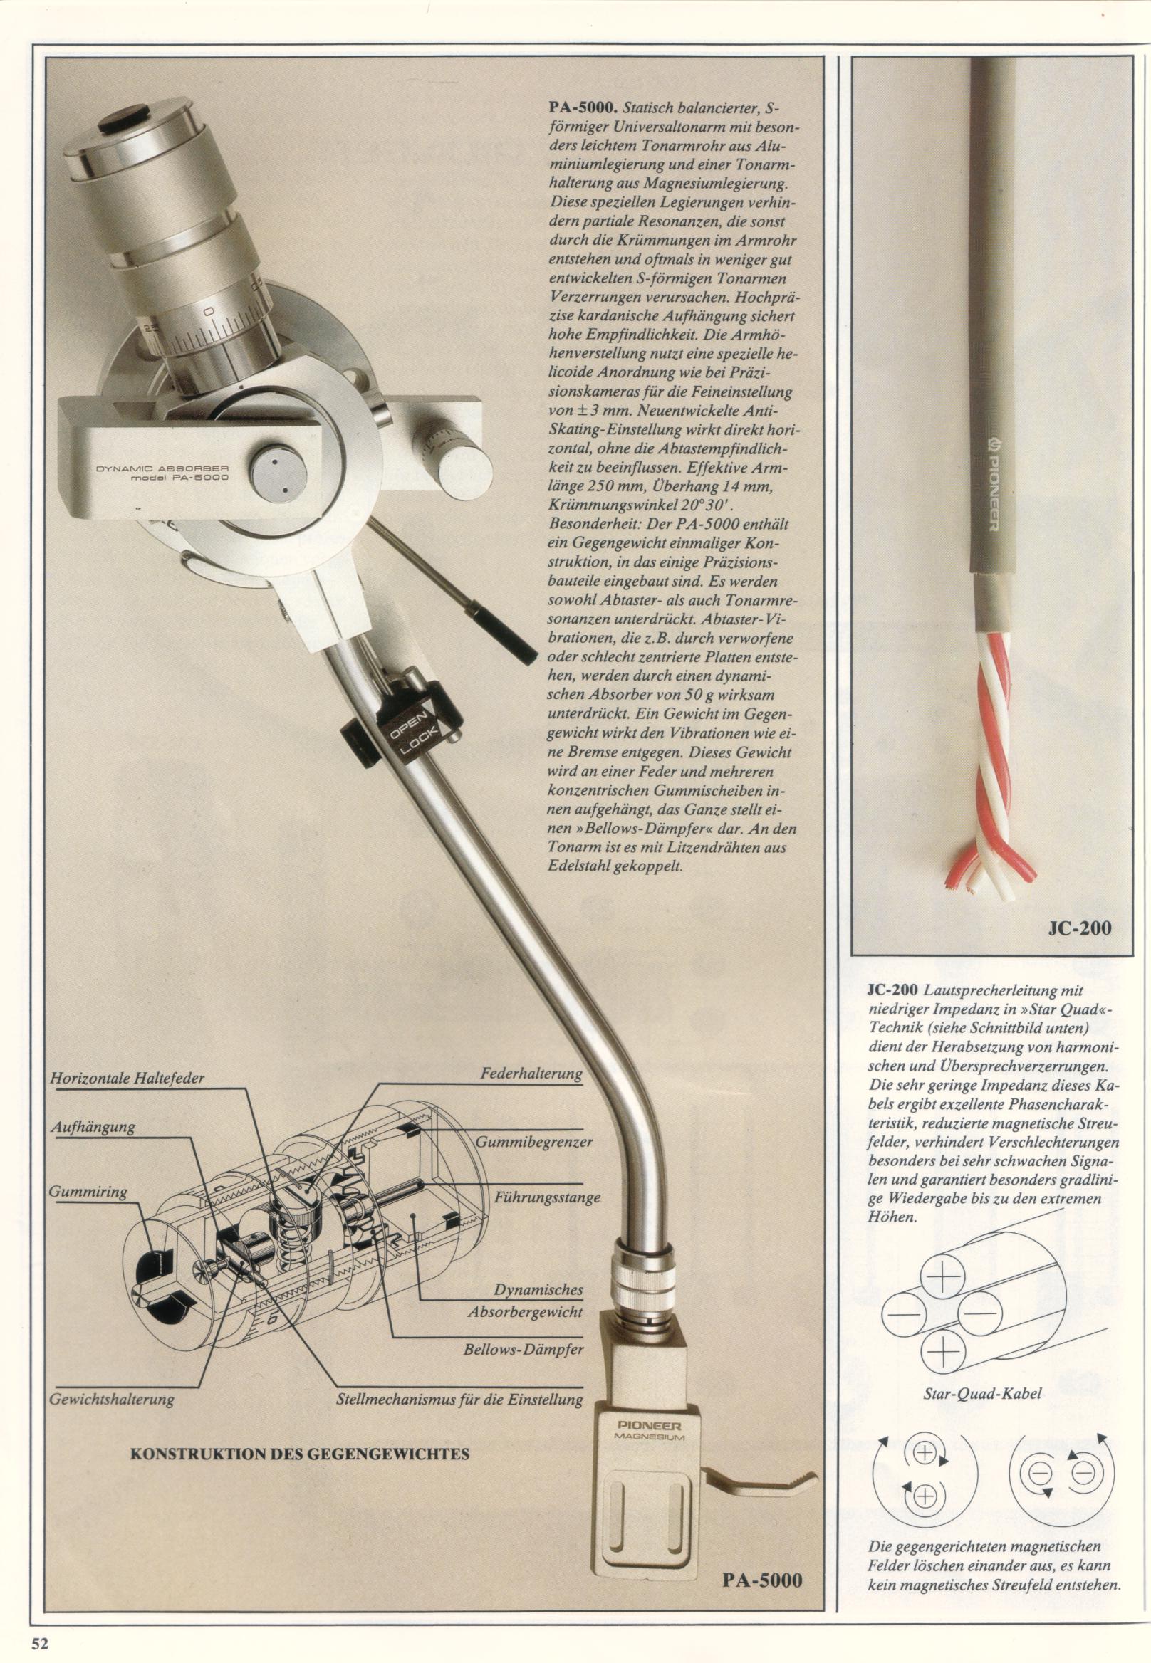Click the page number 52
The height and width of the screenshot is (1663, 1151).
tap(38, 1638)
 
